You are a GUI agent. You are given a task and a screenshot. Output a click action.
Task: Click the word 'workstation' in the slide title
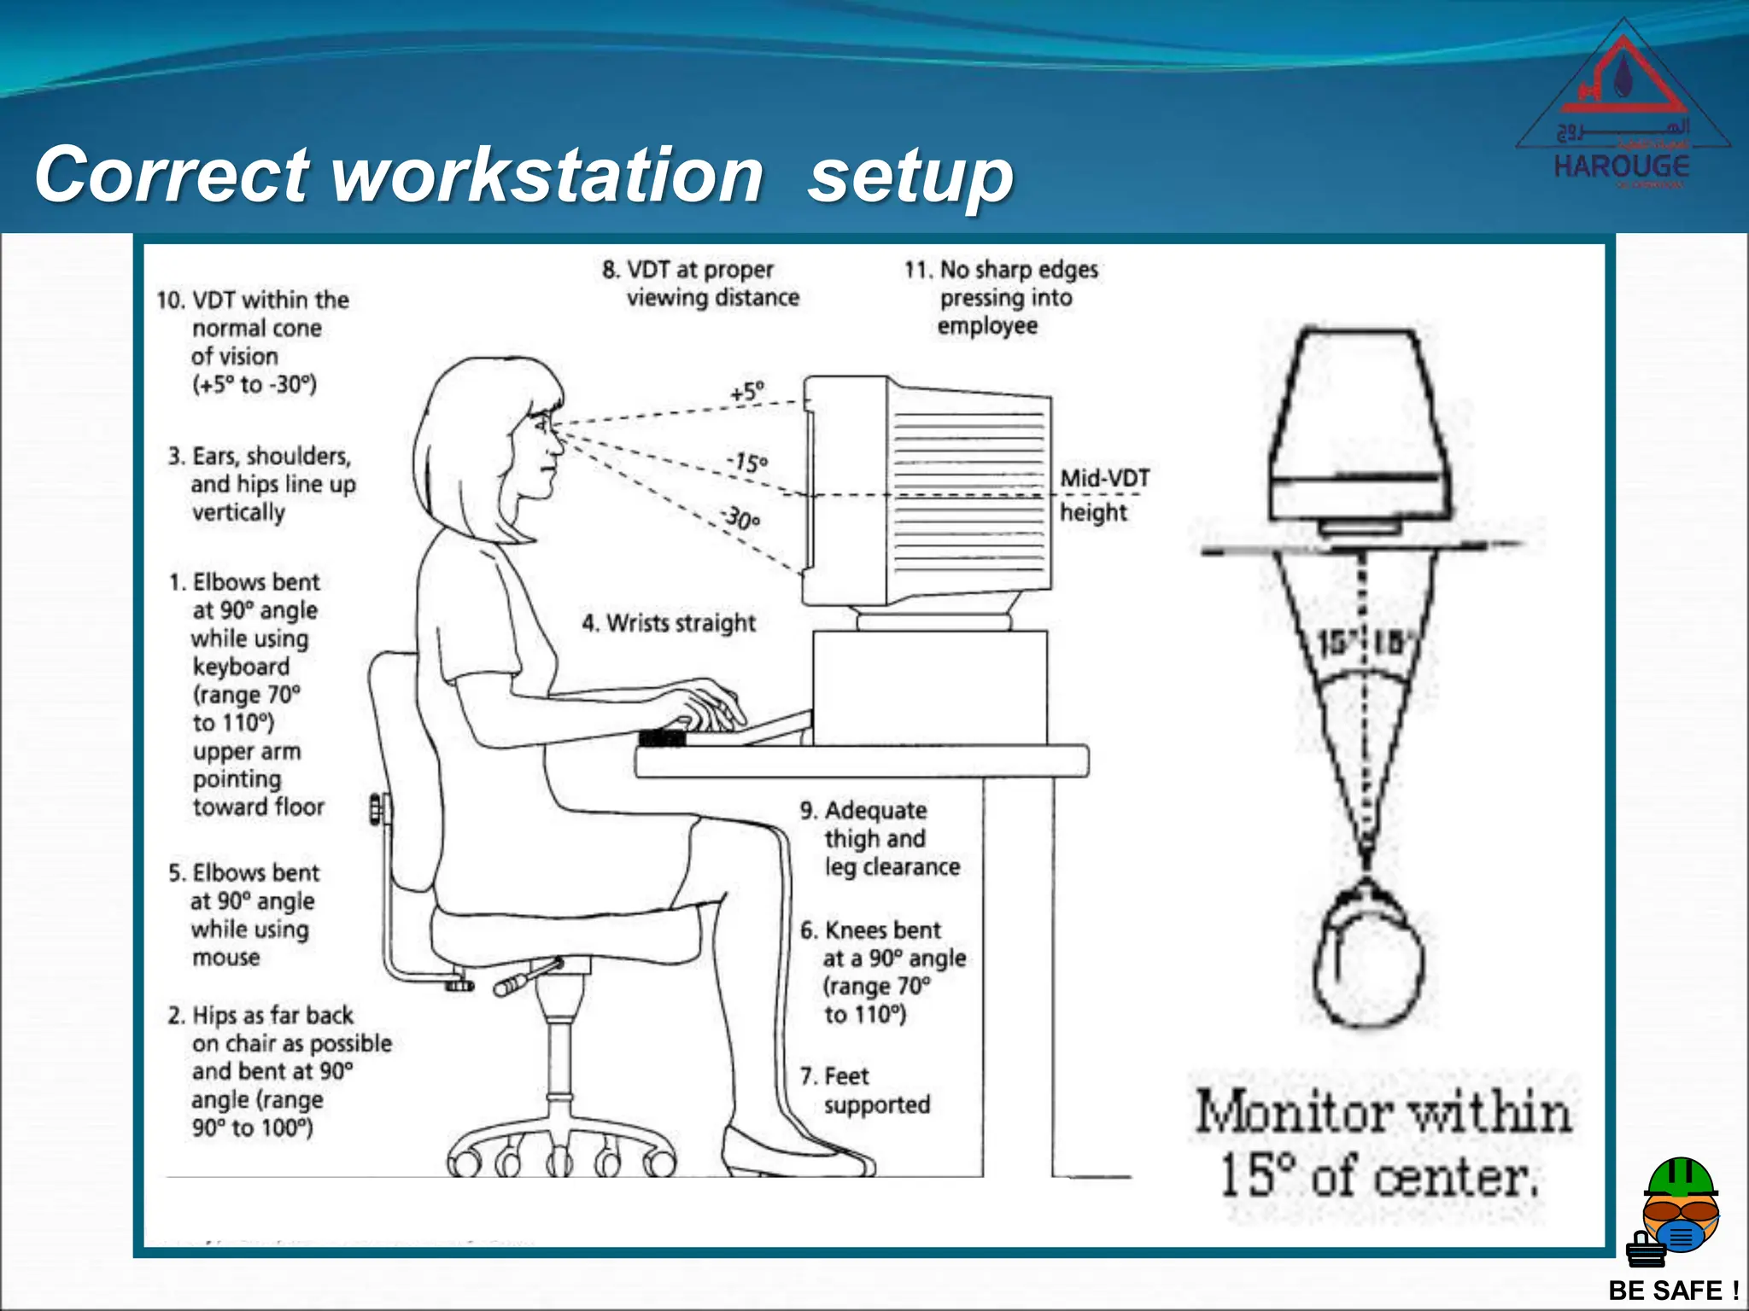(x=547, y=175)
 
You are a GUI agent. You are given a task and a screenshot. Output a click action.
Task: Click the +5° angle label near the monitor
(x=747, y=392)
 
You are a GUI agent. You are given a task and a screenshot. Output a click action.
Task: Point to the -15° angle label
(x=747, y=463)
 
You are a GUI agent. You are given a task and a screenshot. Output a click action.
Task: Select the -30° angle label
(x=740, y=517)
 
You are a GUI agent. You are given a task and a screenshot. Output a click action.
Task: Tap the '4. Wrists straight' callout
(x=669, y=623)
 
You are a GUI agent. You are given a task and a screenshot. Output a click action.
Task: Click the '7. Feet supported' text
(x=865, y=1090)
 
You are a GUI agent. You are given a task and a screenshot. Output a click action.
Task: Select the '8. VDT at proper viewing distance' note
(x=700, y=283)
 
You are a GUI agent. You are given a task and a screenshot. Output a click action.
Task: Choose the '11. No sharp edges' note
(x=1001, y=297)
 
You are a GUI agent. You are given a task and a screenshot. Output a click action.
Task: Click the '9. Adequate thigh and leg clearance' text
(x=880, y=838)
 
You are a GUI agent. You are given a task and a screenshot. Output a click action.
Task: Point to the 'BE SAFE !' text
(x=1673, y=1290)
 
